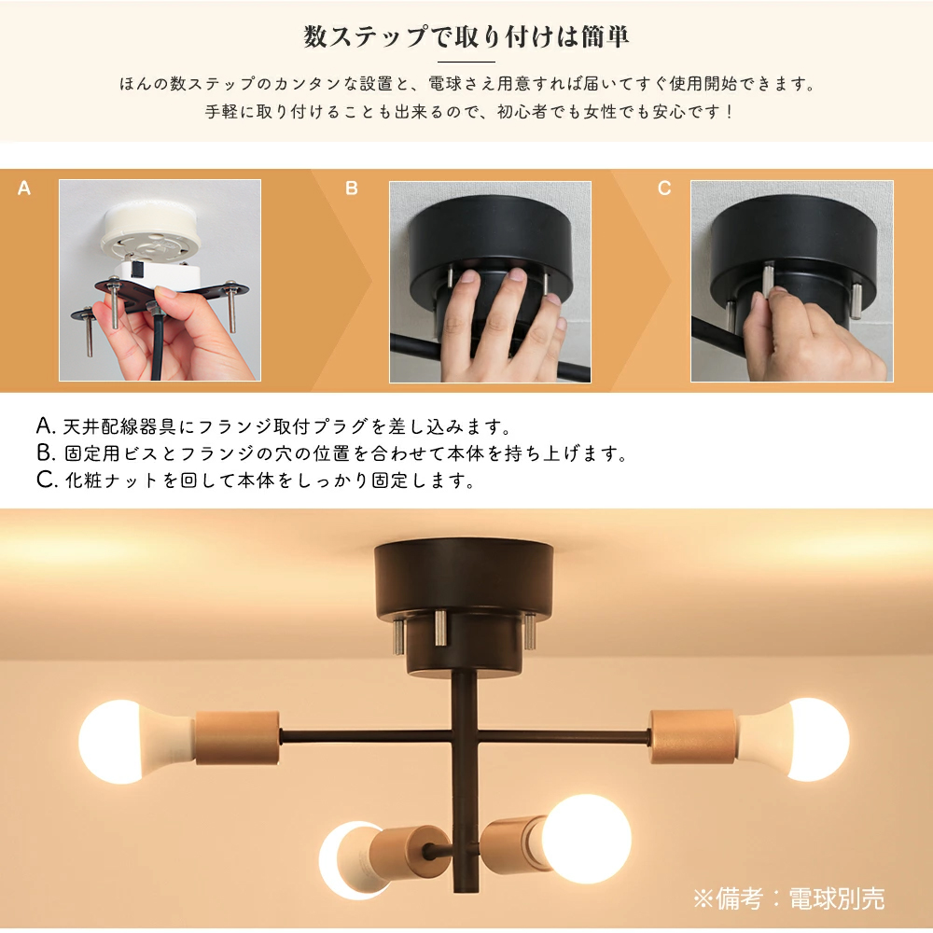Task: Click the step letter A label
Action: coord(24,188)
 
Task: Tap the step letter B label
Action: coord(351,188)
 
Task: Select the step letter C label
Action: coord(664,188)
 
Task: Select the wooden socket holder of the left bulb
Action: coord(237,737)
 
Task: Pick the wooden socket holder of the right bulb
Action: coord(693,737)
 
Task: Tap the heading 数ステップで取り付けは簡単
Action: coord(466,37)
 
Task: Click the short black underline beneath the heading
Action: coord(466,62)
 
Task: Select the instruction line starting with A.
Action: coord(273,426)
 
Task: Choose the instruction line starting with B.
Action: coord(332,453)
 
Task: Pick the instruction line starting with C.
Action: coord(256,480)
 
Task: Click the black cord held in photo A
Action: coord(157,345)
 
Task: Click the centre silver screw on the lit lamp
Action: coord(440,628)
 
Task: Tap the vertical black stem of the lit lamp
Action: coord(465,779)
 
